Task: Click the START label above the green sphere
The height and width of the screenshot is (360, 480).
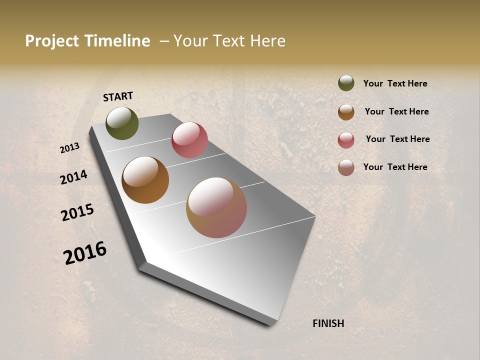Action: click(x=118, y=96)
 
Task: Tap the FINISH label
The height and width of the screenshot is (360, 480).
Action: click(x=328, y=323)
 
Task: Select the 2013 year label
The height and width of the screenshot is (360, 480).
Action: click(x=70, y=148)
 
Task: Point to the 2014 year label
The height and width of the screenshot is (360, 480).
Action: click(x=73, y=177)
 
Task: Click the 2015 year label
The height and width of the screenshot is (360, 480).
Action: click(x=77, y=212)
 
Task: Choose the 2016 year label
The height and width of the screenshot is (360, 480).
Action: click(x=85, y=253)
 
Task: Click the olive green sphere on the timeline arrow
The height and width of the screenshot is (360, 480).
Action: click(x=122, y=123)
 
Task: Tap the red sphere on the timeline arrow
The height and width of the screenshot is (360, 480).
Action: click(x=189, y=140)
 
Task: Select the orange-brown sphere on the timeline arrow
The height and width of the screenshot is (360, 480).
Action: click(x=145, y=180)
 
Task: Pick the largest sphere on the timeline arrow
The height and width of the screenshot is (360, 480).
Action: click(x=216, y=207)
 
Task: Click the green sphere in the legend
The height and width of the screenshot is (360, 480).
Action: click(x=346, y=83)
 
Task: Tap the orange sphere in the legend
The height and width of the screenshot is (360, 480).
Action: click(x=346, y=112)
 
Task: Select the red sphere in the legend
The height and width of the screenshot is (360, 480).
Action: click(x=346, y=140)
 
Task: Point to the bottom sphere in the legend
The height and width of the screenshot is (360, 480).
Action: click(x=346, y=167)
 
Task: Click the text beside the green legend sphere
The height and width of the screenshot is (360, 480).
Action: click(x=395, y=83)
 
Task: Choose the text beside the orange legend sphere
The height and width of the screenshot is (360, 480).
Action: click(x=396, y=111)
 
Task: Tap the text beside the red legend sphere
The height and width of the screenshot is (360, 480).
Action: click(x=397, y=139)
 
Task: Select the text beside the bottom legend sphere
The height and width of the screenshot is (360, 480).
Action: click(x=395, y=167)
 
